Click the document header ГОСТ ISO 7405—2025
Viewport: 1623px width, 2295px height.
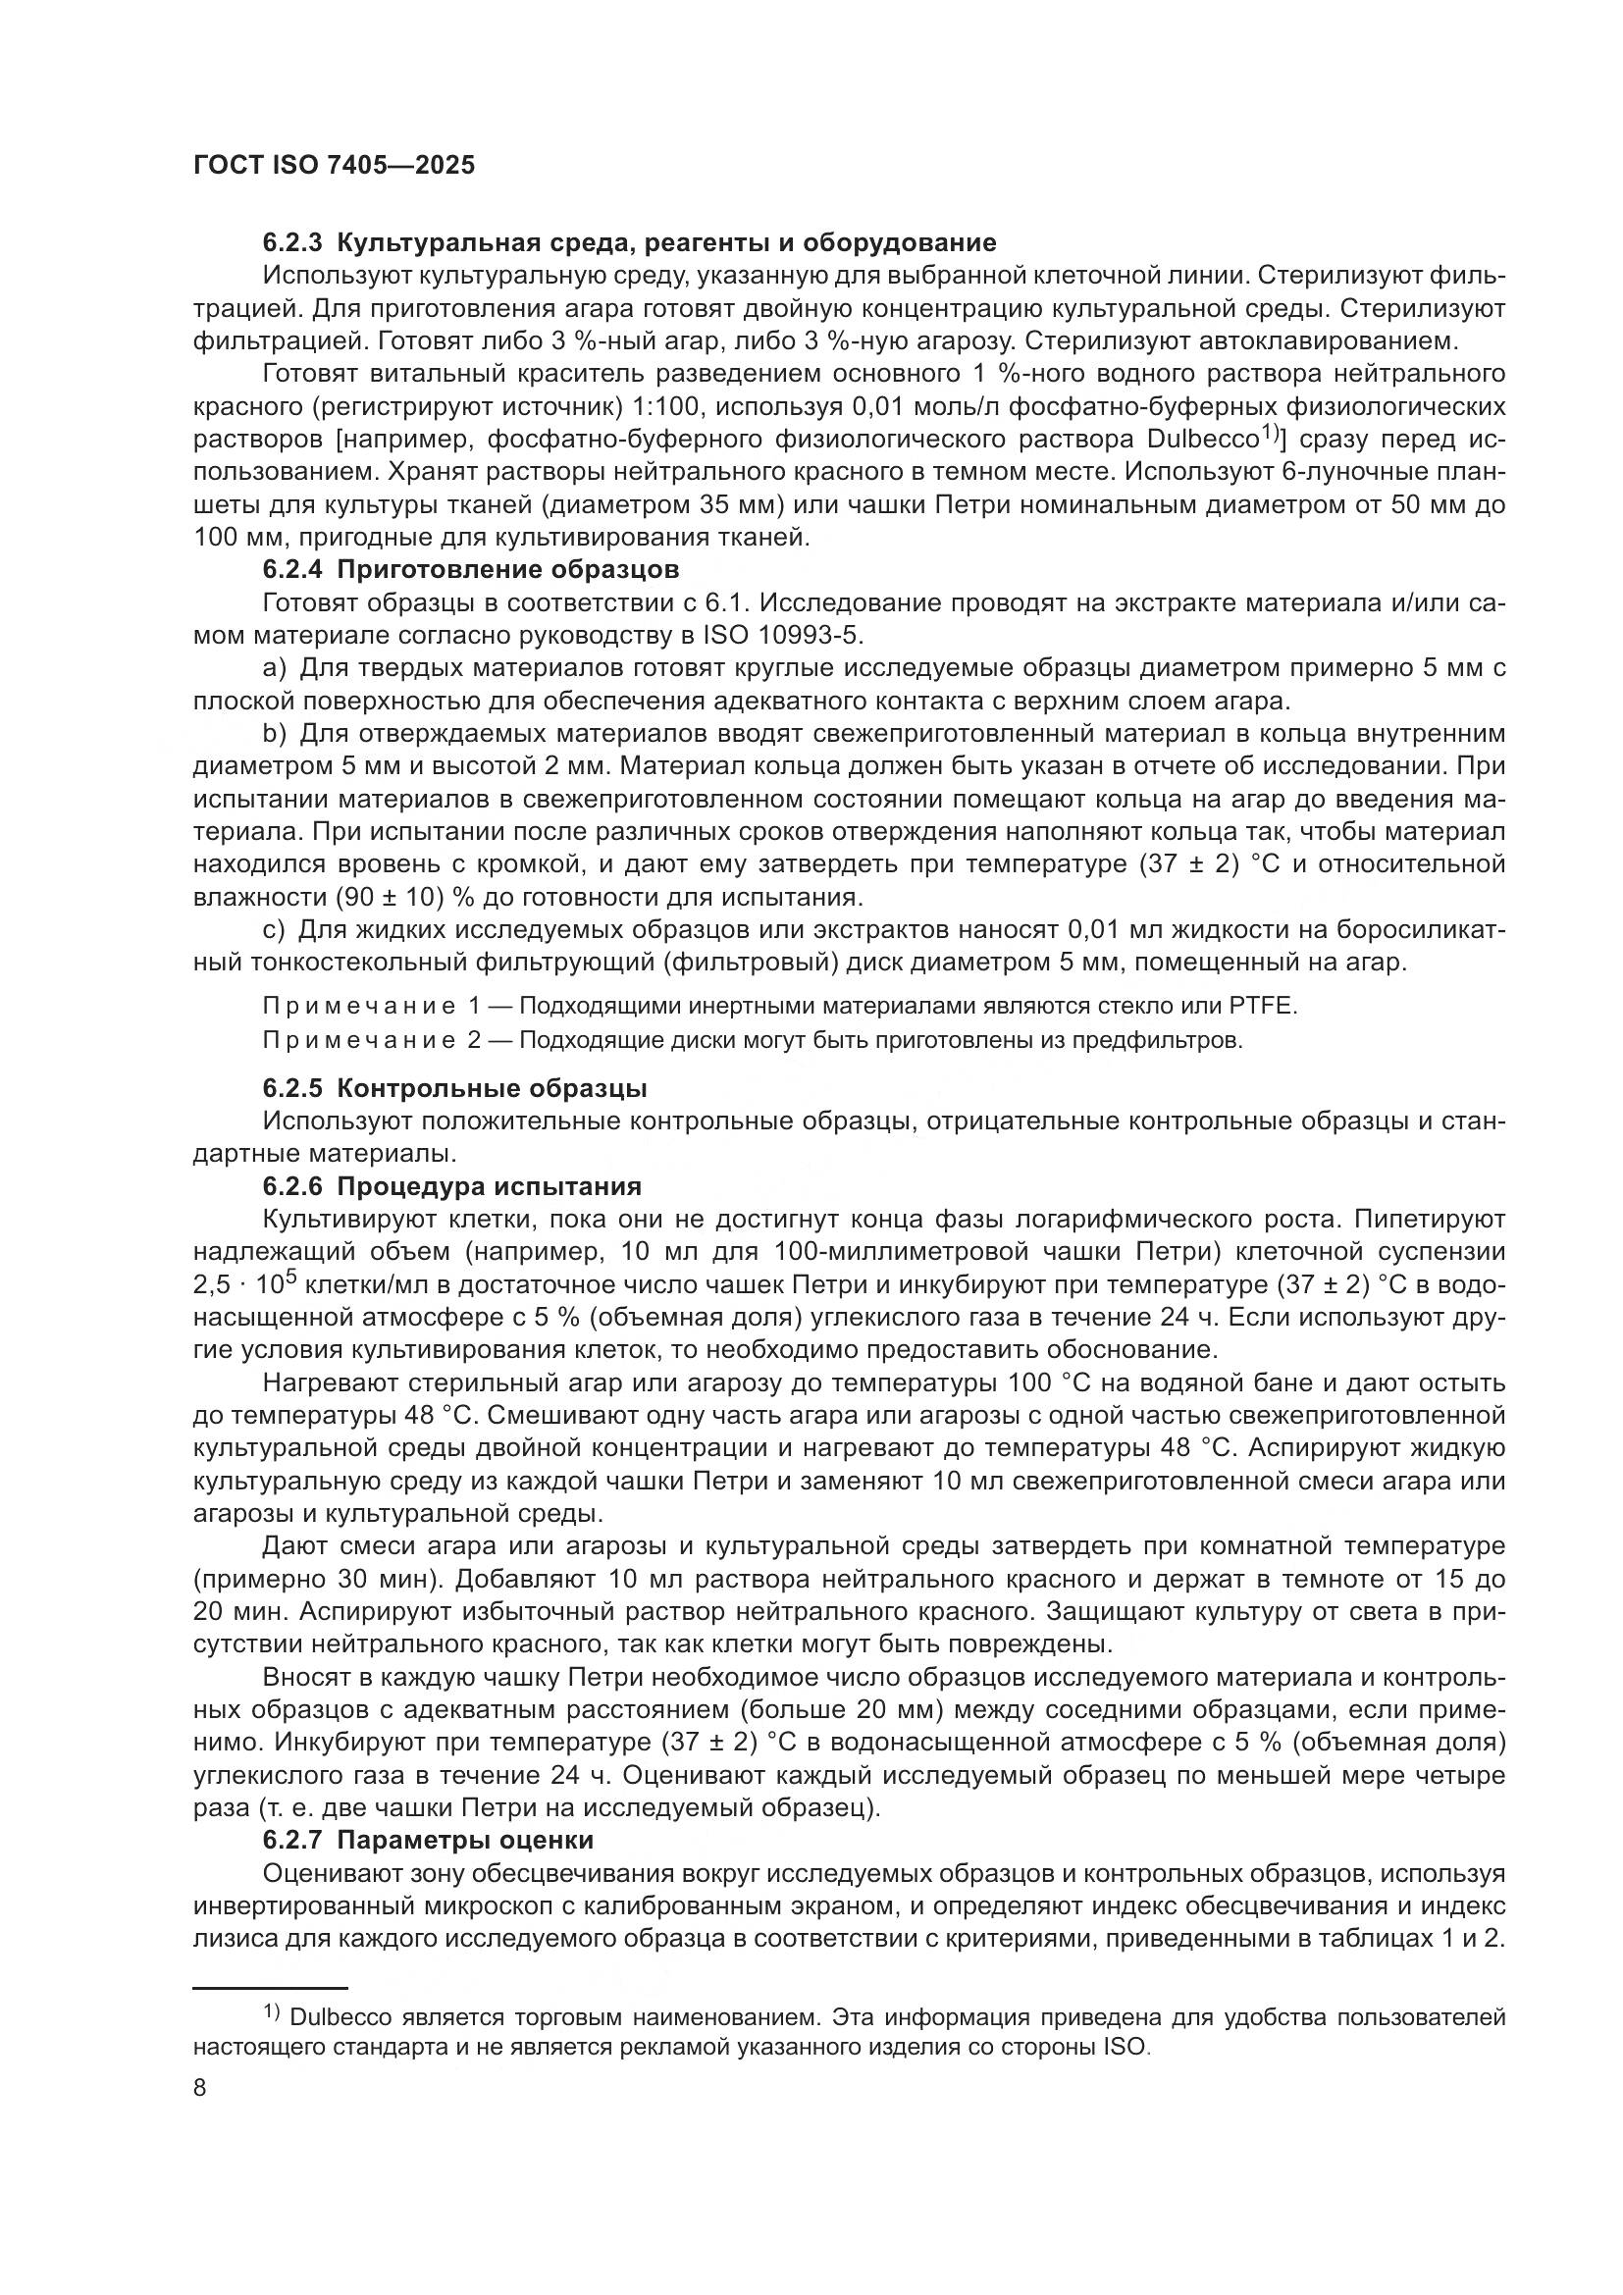334,166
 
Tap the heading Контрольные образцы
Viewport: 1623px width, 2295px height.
492,1088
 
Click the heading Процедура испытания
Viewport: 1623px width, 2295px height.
489,1186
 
